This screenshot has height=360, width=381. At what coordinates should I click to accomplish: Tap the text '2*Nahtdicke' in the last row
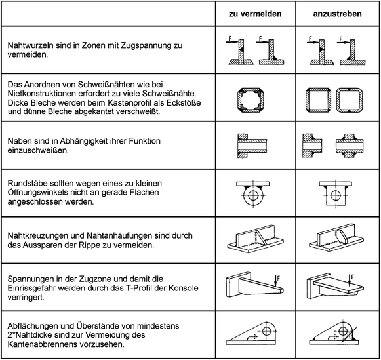click(x=31, y=335)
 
